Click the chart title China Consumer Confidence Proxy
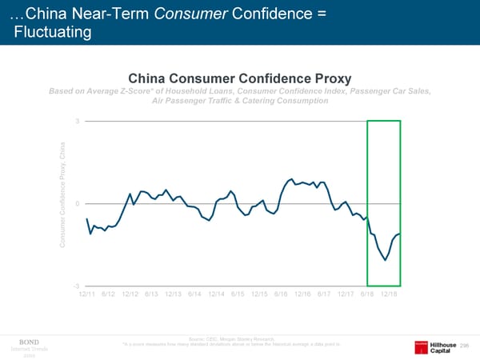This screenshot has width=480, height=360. [239, 78]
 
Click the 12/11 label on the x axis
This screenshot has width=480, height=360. [88, 294]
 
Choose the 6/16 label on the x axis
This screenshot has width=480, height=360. [281, 294]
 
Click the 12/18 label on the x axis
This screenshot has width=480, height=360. [389, 294]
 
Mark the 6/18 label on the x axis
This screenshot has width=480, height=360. [368, 294]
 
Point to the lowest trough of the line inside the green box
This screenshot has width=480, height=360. [386, 260]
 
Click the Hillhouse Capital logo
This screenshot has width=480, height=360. [438, 345]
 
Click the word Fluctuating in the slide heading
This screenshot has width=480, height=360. [53, 32]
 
